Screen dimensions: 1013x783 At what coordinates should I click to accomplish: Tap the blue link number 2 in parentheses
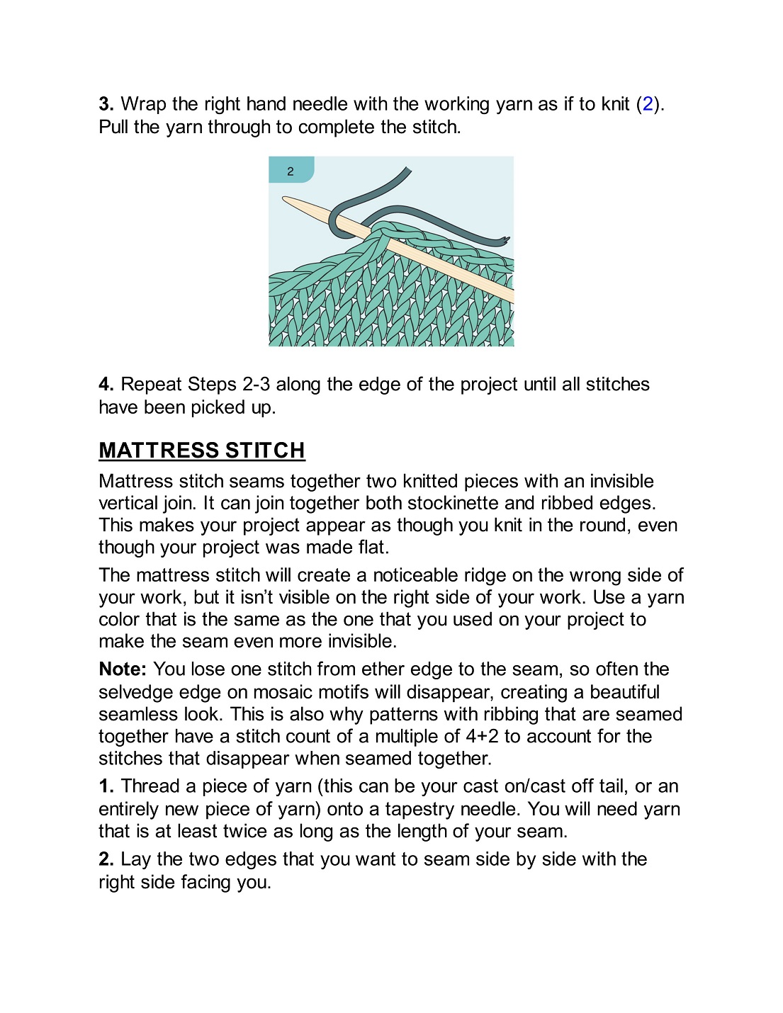pos(648,104)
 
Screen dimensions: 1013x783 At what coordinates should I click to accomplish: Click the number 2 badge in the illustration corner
pos(291,171)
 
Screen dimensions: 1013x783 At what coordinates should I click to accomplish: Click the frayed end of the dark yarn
pos(505,241)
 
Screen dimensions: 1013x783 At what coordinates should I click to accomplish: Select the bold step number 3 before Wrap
pos(106,104)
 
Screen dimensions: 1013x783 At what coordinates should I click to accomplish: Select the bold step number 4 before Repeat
pos(106,385)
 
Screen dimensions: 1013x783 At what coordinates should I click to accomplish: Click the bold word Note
pos(122,669)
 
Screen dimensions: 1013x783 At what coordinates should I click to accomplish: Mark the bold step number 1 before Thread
pos(106,786)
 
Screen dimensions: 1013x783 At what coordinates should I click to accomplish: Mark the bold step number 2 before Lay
pos(106,859)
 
